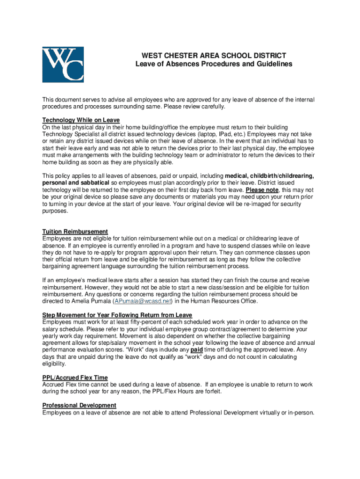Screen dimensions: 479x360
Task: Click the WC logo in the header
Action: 63,65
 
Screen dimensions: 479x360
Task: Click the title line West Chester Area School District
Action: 214,55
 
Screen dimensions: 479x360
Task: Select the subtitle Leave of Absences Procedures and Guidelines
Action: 214,64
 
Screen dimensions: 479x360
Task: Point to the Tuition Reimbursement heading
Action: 75,232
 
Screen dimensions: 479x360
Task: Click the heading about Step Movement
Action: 117,315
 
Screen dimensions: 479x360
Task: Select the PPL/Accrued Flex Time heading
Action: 75,377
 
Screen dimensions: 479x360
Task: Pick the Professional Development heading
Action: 79,405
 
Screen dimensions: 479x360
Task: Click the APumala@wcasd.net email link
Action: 143,301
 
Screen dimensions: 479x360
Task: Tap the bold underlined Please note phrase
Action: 262,190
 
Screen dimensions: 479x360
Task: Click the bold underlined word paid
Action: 197,349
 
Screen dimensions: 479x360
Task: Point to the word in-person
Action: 302,413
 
